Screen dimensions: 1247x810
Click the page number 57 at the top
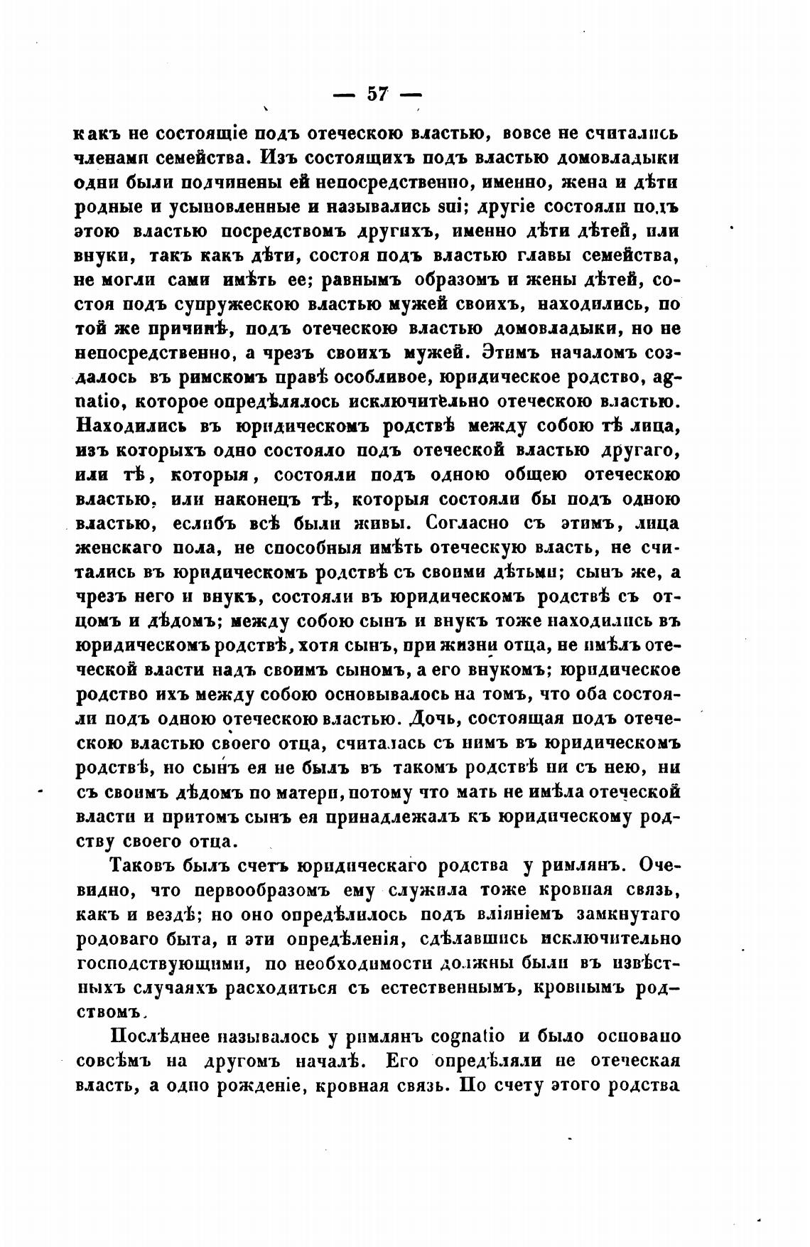click(377, 95)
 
